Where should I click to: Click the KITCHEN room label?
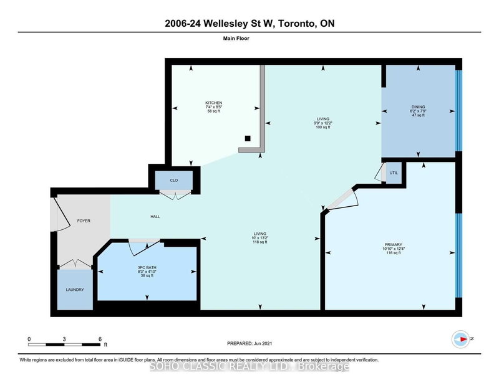point(214,103)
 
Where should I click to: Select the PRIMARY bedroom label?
point(393,244)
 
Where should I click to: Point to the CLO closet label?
point(175,181)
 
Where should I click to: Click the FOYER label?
point(84,220)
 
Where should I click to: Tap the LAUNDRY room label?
point(75,290)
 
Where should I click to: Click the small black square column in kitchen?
point(248,138)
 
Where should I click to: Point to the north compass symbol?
point(460,338)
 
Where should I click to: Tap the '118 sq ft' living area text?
point(258,242)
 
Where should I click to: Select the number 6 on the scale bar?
point(99,339)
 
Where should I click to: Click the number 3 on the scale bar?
point(64,339)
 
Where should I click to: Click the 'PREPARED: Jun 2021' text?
point(249,343)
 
